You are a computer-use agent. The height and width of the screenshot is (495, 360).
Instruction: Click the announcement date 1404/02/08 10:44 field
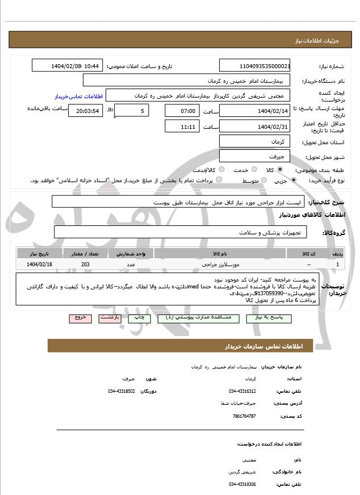68,66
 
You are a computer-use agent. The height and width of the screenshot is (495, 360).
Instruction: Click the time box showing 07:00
182,110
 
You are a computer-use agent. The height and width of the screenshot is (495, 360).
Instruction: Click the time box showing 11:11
182,127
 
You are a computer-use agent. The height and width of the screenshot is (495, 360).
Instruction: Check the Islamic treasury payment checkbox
219,181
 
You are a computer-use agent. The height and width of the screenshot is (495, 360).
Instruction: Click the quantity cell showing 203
85,265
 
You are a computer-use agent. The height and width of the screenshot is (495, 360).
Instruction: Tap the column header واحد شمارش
130,253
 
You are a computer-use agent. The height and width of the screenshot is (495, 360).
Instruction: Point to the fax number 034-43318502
122,391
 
